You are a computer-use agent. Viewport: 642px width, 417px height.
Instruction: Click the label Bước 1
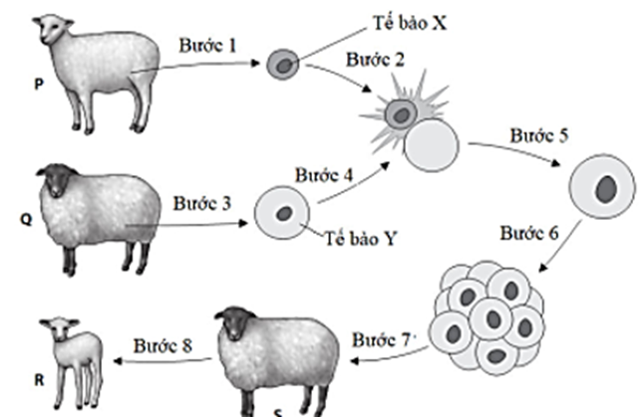coord(210,48)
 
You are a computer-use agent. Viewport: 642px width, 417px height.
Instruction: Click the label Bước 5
coord(538,135)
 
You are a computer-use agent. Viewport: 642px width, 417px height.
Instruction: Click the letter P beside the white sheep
coord(13,87)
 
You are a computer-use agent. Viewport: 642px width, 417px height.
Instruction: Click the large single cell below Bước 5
coord(601,188)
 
